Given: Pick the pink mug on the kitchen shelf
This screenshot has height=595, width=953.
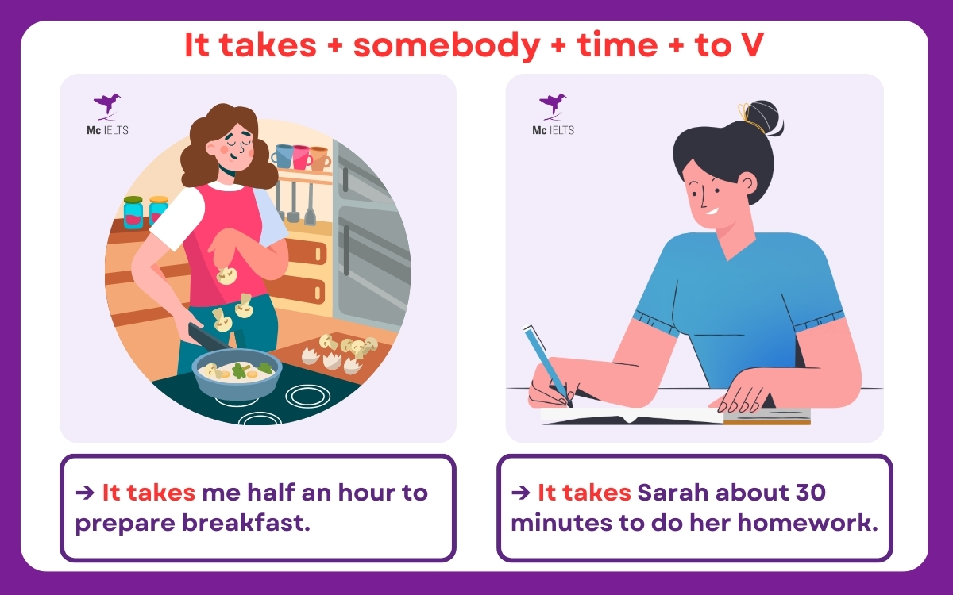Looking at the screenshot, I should pyautogui.click(x=301, y=156).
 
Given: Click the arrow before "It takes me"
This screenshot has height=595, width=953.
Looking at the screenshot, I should pyautogui.click(x=83, y=493).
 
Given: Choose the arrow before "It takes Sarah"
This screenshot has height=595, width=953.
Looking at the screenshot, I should pyautogui.click(x=520, y=493).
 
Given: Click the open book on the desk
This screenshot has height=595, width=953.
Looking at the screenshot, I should pyautogui.click(x=635, y=415).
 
